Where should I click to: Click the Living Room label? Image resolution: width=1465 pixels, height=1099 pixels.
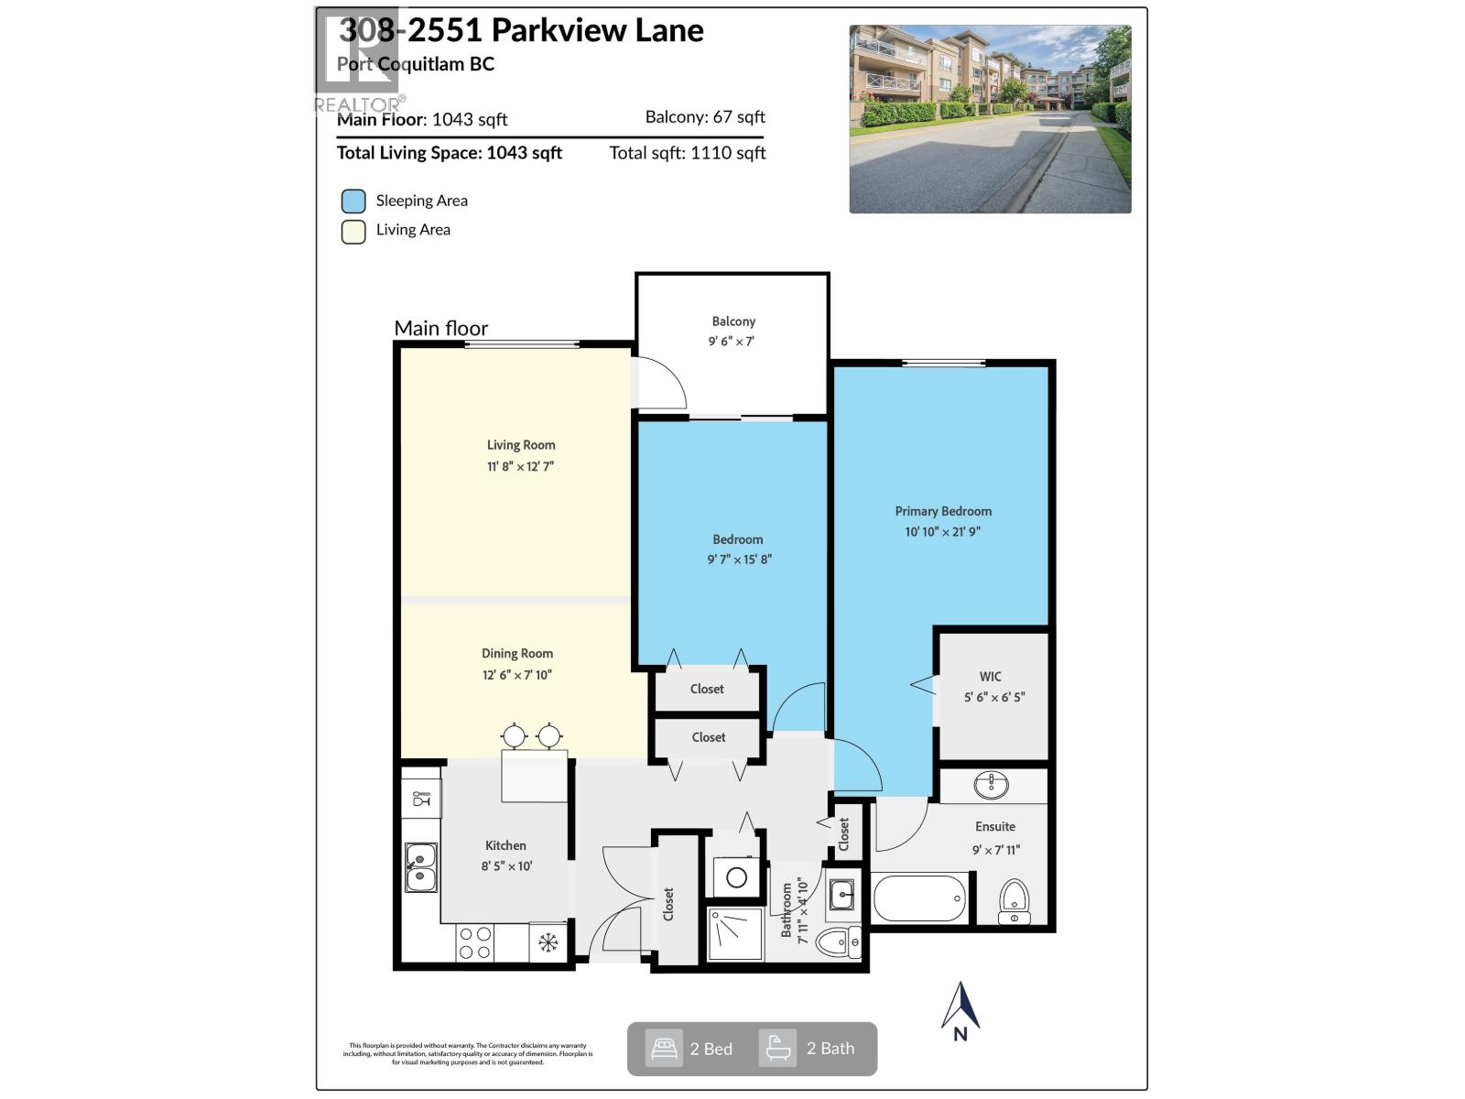520,445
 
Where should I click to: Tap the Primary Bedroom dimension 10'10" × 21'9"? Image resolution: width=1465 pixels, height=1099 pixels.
942,531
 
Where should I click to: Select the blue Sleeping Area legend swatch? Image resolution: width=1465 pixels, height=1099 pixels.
353,201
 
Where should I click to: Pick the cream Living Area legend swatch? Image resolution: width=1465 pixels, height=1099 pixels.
353,231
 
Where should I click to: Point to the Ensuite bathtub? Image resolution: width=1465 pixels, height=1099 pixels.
919,898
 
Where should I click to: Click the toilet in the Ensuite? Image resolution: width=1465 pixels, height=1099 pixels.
1014,902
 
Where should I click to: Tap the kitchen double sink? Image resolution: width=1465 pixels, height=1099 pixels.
421,866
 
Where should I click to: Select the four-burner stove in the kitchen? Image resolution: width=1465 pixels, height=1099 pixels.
475,942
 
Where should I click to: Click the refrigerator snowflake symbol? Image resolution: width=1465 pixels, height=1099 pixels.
548,942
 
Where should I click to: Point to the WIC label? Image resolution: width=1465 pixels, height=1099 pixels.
990,677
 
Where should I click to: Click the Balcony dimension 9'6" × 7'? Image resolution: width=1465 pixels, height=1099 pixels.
731,342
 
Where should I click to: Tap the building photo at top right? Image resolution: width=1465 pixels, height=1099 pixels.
990,119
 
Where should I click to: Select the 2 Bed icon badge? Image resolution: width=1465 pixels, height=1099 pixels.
664,1048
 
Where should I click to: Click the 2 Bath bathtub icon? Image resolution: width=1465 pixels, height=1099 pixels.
777,1048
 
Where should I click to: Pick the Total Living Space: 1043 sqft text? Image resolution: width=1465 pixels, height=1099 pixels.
449,153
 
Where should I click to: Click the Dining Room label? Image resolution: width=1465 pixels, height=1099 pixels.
517,654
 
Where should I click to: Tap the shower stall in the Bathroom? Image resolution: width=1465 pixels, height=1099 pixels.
735,933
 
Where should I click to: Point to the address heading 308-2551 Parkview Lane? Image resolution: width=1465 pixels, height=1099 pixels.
521,31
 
